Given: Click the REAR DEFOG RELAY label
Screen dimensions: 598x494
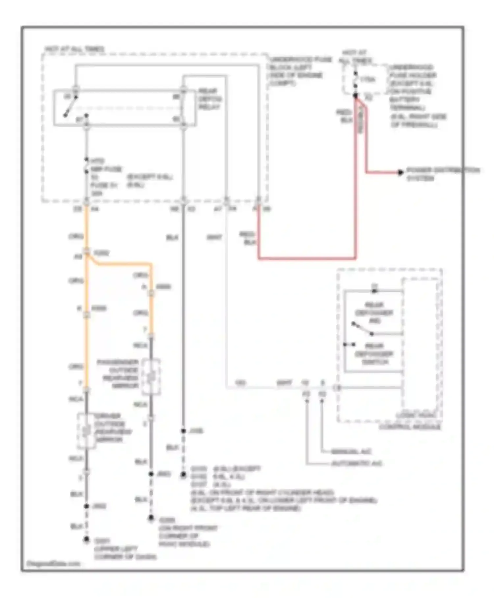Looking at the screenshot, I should [209, 99].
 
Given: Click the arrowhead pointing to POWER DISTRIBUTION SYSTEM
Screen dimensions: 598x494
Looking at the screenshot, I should [400, 172].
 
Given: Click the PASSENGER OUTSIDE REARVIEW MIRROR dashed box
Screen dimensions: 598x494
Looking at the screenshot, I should [151, 376].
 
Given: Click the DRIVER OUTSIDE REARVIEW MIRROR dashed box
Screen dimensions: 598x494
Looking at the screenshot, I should [86, 431].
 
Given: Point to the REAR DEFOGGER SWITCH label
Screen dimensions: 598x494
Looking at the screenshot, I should [374, 354].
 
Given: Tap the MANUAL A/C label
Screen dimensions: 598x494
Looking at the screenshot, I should [351, 452].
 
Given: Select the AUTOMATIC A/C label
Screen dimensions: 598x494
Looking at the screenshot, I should [357, 463].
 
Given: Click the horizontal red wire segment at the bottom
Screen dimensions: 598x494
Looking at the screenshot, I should [306, 258].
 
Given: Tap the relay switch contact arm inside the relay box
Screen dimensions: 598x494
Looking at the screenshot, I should [70, 106].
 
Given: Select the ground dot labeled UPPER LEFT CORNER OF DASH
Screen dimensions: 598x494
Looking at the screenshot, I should [86, 540].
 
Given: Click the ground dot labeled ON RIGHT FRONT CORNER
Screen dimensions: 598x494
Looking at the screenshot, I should [151, 518].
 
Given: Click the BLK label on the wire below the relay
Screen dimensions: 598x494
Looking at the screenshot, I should [172, 237].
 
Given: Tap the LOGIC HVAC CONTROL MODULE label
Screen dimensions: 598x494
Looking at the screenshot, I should [410, 422].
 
